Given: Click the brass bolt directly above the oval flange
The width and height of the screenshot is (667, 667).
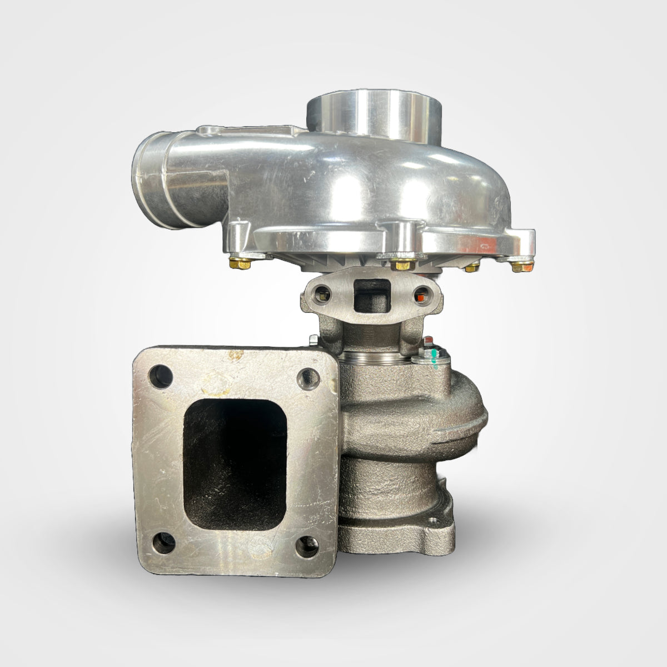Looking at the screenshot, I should pyautogui.click(x=399, y=263).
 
